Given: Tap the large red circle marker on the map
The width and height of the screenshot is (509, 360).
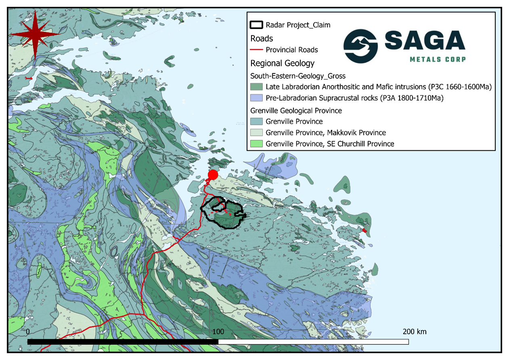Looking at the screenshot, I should pos(213,175).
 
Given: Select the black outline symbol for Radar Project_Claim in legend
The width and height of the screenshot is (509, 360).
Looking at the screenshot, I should pos(256,25).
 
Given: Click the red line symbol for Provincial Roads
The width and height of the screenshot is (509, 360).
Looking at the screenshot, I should pos(256,50).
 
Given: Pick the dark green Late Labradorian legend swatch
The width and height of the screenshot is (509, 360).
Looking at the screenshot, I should pos(256,86).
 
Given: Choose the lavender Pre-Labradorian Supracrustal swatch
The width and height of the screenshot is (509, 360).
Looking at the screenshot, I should pos(256,97).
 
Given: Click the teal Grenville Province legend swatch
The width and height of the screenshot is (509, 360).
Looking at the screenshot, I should pos(256,121).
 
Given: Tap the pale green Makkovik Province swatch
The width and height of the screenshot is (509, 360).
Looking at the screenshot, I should pos(256,133).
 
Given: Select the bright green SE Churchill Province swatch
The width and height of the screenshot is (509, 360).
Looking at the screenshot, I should pos(256,144).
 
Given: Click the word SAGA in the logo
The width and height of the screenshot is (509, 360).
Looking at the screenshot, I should pos(425,41).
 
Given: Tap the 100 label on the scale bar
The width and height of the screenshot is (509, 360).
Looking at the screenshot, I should pos(218,332).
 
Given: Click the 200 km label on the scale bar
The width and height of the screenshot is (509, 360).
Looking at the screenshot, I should pos(414,332).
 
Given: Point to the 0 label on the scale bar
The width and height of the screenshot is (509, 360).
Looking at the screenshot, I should pos(27,332).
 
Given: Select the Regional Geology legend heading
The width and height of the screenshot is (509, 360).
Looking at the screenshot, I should pos(282,63).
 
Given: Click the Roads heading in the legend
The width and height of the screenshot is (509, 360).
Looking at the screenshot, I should pos(262,39).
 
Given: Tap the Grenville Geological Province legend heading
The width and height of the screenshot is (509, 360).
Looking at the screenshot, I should pos(296,110).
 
